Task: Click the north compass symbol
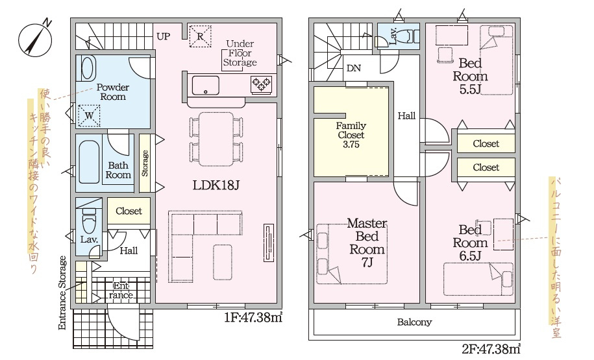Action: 35,39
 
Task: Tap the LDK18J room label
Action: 216,185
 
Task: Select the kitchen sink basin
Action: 205,86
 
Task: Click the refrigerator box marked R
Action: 200,36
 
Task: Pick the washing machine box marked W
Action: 89,115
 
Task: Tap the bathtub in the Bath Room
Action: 90,162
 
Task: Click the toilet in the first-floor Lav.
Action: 89,221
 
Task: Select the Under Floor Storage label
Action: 240,53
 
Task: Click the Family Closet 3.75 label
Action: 351,135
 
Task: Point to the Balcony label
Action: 414,322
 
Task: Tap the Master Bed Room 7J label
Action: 367,243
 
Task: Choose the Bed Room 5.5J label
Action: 470,76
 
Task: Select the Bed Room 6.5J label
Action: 470,243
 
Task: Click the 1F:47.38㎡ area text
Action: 253,317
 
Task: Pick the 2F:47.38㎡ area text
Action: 491,348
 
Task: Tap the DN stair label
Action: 354,69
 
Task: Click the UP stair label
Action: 164,36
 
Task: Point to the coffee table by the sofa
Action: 223,262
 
